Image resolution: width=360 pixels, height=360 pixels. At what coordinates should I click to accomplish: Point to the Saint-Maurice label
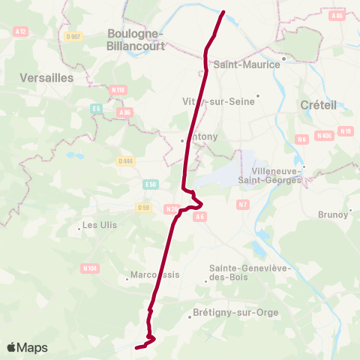247,64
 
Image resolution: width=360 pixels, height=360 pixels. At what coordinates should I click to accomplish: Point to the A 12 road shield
20,31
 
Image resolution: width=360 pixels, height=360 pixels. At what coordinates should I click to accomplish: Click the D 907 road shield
73,37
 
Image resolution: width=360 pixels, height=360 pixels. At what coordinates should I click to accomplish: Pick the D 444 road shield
125,160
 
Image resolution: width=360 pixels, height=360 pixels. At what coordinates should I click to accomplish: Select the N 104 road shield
90,268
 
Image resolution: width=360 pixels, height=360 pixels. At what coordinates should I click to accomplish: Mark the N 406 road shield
324,136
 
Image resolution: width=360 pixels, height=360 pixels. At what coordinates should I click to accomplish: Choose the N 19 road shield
345,131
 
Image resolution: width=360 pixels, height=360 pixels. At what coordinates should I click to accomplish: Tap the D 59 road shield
143,207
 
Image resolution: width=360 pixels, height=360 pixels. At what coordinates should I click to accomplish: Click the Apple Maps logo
27,347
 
